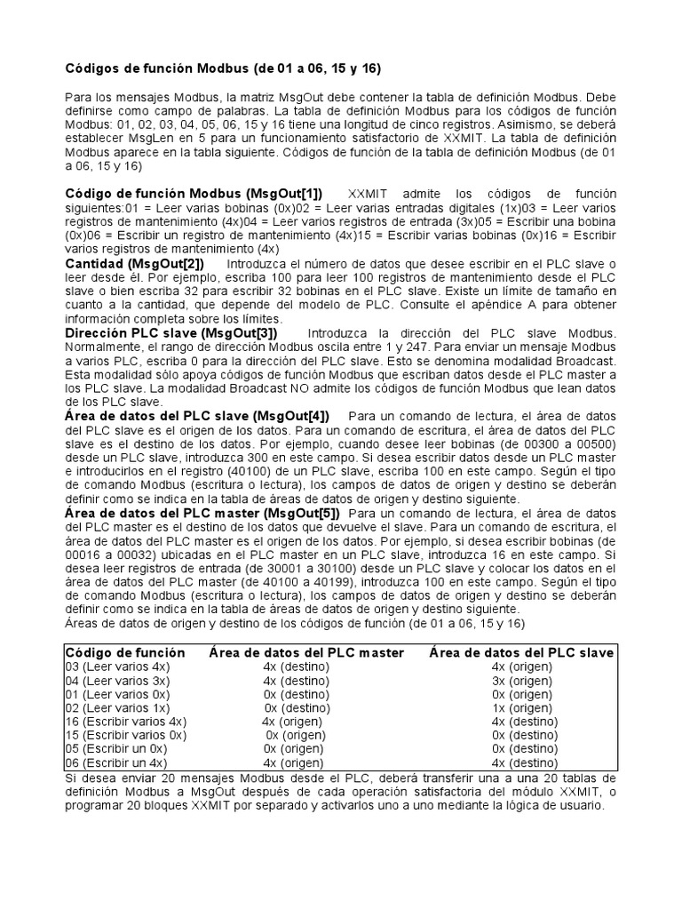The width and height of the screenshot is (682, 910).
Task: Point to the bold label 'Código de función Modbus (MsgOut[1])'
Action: pyautogui.click(x=194, y=195)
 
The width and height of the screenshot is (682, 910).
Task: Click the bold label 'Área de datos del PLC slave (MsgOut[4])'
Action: pyautogui.click(x=197, y=415)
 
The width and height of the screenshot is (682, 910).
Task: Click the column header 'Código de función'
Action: pyautogui.click(x=126, y=652)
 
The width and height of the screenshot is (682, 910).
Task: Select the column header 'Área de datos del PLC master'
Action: pyautogui.click(x=306, y=652)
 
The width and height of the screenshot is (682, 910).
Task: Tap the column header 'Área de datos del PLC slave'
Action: pyautogui.click(x=521, y=652)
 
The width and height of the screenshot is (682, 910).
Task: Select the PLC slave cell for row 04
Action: pyautogui.click(x=521, y=680)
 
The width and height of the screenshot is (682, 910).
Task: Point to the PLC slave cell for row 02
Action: pyautogui.click(x=521, y=707)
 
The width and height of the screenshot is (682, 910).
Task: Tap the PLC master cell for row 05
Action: pyautogui.click(x=293, y=749)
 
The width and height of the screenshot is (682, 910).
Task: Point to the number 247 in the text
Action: pyautogui.click(x=350, y=347)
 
